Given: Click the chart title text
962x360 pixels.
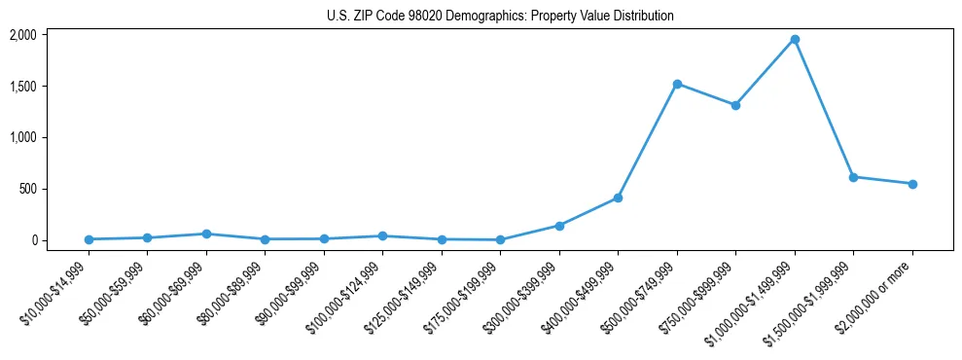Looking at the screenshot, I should click(499, 16).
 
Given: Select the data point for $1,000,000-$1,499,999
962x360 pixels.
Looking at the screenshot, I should click(795, 40).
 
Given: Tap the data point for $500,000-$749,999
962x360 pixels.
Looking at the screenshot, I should click(677, 84).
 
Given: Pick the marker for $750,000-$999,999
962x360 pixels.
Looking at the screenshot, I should click(735, 105).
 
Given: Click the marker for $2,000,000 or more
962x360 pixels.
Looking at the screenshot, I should click(912, 184).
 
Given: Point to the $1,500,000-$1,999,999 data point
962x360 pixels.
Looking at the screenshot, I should click(853, 177).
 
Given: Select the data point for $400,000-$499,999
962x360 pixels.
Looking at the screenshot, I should click(618, 198).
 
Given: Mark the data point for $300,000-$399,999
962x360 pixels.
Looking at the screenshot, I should click(559, 226).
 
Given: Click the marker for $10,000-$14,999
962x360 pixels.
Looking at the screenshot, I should click(89, 239).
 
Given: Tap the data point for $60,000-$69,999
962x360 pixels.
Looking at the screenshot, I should click(206, 234).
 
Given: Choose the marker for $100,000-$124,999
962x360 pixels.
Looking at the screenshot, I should click(382, 235).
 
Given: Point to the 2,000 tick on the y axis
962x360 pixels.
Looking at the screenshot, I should click(22, 35).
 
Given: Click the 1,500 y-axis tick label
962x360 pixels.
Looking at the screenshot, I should click(22, 87).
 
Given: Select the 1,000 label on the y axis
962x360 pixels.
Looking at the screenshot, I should click(22, 137).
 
